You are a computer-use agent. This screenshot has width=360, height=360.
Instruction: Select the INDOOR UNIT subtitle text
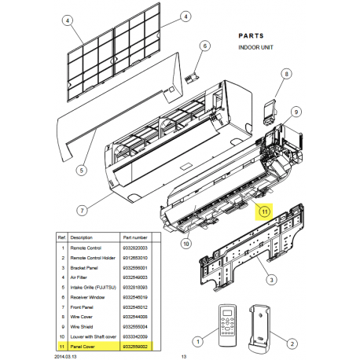pos(257,48)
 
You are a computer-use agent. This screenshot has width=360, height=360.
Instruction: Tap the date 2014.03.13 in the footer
pos(68,354)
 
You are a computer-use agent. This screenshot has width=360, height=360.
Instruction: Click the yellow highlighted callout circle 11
pos(264,211)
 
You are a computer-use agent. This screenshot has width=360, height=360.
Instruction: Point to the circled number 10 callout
pos(186,244)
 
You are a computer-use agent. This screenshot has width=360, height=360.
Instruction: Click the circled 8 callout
pos(285,75)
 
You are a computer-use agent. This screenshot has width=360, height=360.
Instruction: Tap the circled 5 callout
pos(82,169)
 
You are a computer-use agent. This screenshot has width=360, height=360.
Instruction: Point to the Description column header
pos(82,235)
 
